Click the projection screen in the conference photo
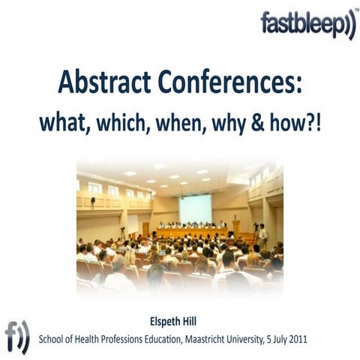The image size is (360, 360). [195, 208]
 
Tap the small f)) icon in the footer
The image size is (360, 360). [17, 335]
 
